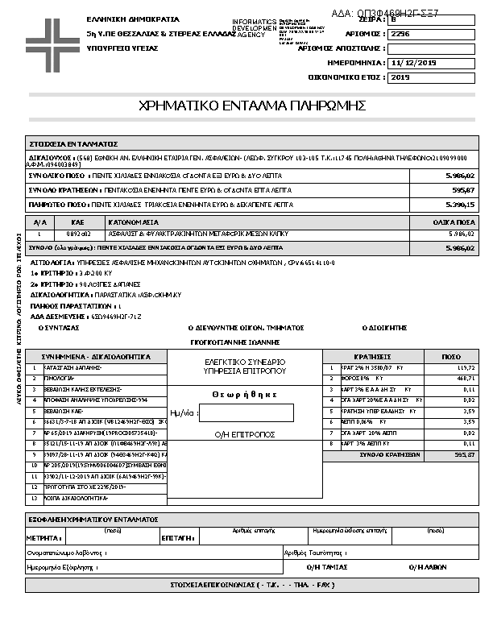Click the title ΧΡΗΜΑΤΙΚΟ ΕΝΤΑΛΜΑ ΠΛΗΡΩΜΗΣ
click(x=253, y=106)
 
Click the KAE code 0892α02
click(x=78, y=233)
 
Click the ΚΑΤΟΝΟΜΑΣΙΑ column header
click(x=134, y=222)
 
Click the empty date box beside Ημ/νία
click(x=245, y=413)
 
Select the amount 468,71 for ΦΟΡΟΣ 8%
click(x=465, y=378)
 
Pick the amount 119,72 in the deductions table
click(x=465, y=367)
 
